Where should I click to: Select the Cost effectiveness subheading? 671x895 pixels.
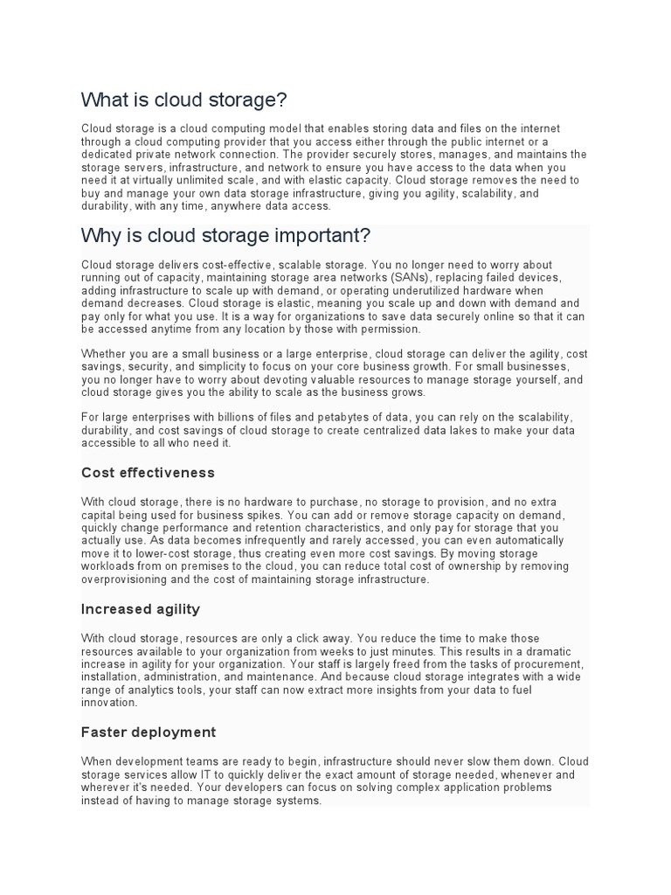pyautogui.click(x=148, y=473)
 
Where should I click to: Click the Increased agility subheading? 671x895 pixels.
pyautogui.click(x=141, y=608)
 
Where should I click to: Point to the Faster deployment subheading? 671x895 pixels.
pyautogui.click(x=149, y=732)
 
